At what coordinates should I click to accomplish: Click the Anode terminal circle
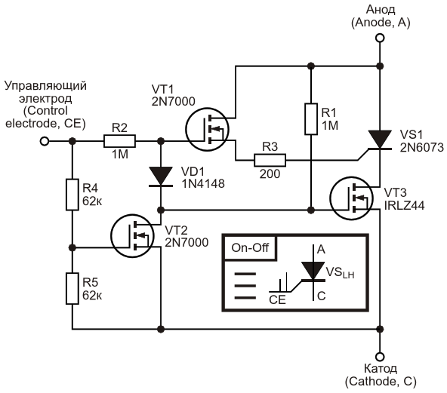tap(380, 38)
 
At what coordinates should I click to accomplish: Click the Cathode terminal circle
tap(380, 357)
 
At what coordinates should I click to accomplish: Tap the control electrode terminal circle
tap(45, 141)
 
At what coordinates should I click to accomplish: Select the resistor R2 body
tap(119, 141)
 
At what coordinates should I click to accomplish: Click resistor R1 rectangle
tap(311, 118)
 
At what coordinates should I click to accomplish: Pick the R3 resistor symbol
tap(270, 160)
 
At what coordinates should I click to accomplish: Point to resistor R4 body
tap(72, 195)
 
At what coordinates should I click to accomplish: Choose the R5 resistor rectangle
tap(72, 288)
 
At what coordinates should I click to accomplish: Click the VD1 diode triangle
tap(161, 176)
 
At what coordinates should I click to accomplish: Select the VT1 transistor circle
tap(207, 129)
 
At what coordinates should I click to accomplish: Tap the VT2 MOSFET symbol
tap(132, 236)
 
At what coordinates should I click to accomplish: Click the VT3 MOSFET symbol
tap(352, 198)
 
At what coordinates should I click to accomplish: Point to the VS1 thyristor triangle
tap(380, 140)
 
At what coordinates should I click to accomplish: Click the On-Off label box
tap(250, 247)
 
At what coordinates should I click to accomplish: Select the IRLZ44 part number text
tap(404, 205)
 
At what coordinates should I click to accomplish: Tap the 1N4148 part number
tap(203, 184)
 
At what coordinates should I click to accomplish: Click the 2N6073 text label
tap(422, 148)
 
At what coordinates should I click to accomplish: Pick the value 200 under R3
tap(270, 173)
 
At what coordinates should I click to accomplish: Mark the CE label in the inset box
tap(277, 300)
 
